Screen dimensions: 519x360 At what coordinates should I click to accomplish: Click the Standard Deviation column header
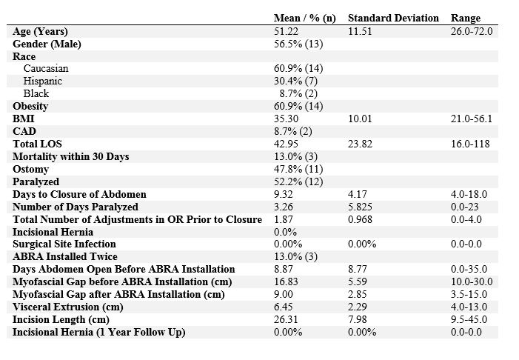click(x=393, y=18)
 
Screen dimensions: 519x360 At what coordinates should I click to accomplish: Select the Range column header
click(x=466, y=19)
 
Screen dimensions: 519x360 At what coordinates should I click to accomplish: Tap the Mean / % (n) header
click(x=304, y=19)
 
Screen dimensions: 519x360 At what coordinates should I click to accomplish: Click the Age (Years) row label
click(x=40, y=31)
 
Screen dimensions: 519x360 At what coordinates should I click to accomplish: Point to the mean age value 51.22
click(x=286, y=31)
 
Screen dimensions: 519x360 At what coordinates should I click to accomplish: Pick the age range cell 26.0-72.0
click(x=472, y=31)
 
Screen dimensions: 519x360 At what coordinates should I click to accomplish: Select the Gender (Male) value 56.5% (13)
click(x=298, y=44)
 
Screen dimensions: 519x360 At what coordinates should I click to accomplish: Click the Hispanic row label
click(x=42, y=81)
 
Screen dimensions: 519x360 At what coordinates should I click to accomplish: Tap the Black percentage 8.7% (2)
click(x=298, y=94)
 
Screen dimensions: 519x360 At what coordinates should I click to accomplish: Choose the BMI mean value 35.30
click(x=286, y=119)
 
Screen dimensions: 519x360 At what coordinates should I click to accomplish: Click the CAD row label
click(x=24, y=131)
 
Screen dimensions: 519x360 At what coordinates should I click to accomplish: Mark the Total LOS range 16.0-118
click(x=470, y=144)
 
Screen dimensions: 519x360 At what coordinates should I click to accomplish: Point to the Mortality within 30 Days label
click(x=71, y=156)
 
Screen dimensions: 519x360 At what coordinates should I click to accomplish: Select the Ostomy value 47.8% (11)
click(x=298, y=169)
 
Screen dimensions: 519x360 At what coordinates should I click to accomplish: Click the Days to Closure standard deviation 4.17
click(x=358, y=194)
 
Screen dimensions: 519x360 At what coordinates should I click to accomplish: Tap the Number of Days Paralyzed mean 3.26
click(x=284, y=207)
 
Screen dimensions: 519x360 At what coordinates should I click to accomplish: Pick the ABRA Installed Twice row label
click(x=65, y=257)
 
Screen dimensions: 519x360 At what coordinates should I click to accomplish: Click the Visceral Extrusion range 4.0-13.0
click(x=469, y=307)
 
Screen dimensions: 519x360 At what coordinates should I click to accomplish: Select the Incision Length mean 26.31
click(x=286, y=319)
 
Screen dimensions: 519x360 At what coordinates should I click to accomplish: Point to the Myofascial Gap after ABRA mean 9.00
click(x=284, y=294)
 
